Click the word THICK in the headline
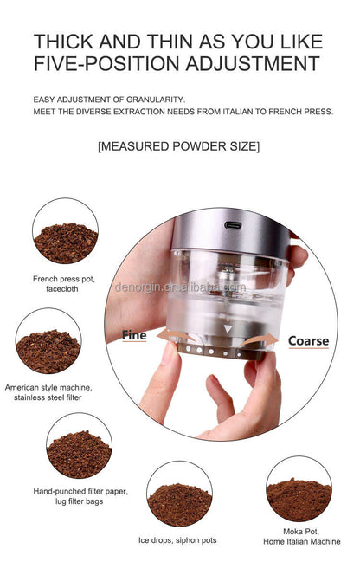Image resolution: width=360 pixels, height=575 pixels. click(x=66, y=41)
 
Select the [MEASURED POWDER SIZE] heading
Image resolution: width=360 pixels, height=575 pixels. click(x=178, y=146)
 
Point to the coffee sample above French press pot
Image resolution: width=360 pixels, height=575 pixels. click(x=65, y=231)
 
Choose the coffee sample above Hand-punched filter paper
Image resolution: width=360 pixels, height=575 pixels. click(x=79, y=445)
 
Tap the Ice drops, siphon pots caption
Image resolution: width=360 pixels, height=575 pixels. click(x=178, y=540)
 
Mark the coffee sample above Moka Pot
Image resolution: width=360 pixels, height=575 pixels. click(x=299, y=489)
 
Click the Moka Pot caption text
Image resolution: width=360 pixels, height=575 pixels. click(x=299, y=536)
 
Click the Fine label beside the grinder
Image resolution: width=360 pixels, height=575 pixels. click(x=134, y=335)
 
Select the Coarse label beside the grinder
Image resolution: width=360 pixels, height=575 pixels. click(x=308, y=341)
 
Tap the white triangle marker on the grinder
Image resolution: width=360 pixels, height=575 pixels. click(x=228, y=329)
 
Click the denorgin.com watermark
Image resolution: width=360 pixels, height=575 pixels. click(x=180, y=286)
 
